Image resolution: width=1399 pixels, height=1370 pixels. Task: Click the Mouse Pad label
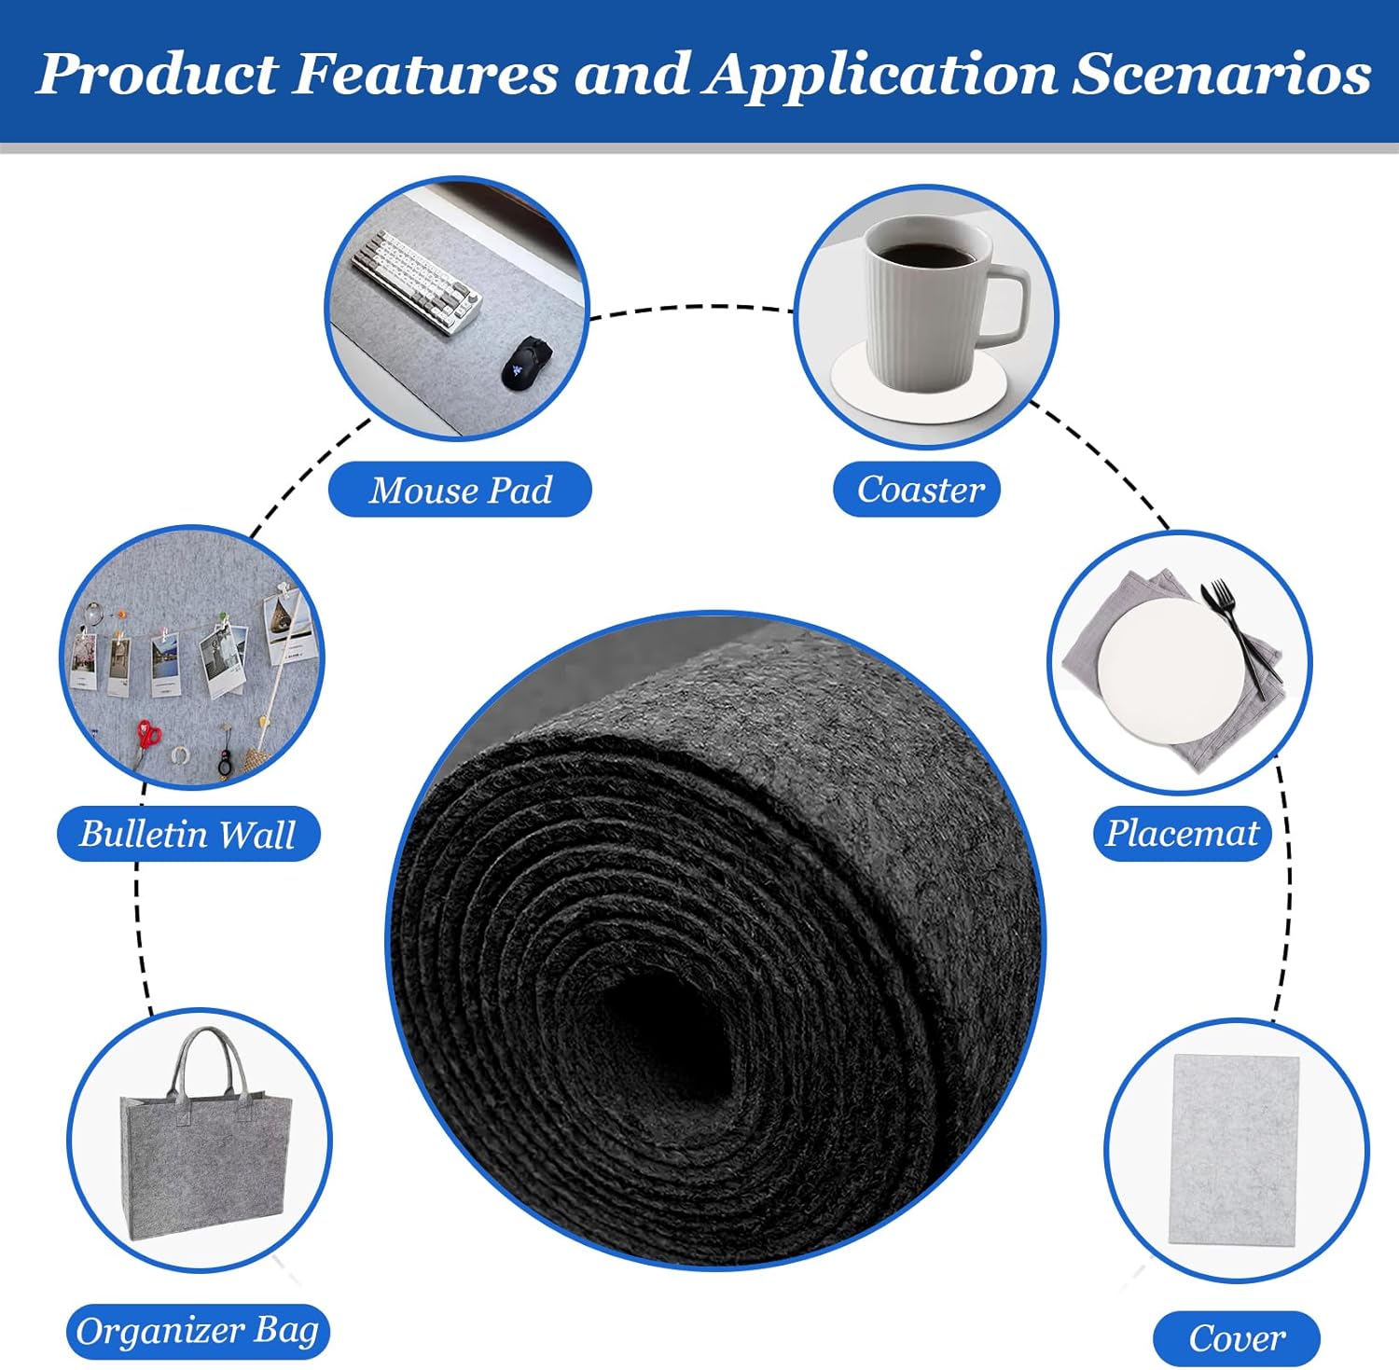pos(460,490)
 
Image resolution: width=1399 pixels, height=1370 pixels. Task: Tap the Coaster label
pos(917,490)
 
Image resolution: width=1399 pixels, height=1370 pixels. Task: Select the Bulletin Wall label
pos(188,834)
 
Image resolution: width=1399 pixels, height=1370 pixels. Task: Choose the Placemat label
pos(1182,833)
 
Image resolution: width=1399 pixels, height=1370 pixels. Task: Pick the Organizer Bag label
pos(198,1331)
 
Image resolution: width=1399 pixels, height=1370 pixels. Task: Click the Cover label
pos(1237,1339)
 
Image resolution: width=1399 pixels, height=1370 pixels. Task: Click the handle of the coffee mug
pos(1004,304)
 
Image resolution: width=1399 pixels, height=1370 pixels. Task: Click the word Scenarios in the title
pos(1222,74)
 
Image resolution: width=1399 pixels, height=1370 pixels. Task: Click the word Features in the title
pos(426,74)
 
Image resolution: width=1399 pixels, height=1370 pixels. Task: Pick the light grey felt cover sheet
pos(1234,1149)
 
